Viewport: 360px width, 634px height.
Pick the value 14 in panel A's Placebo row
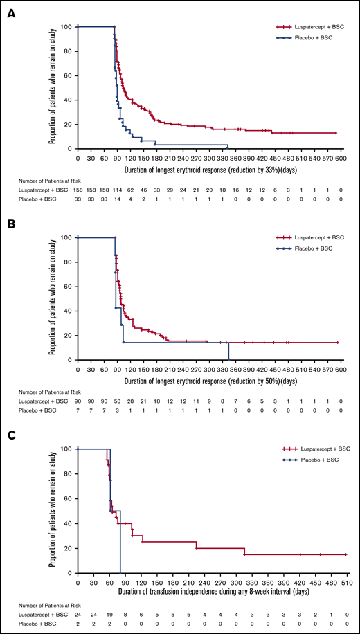118,199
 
